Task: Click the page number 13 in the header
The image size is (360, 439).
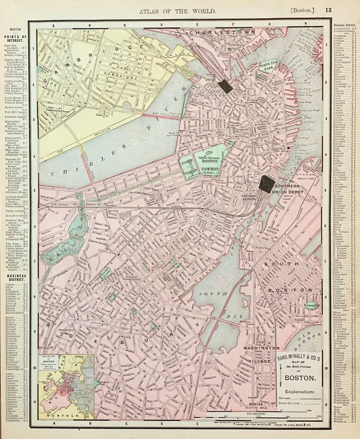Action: click(328, 10)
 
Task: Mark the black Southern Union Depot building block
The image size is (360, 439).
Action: click(267, 184)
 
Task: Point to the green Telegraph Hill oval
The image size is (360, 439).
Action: click(313, 305)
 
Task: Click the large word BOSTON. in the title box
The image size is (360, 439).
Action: click(299, 378)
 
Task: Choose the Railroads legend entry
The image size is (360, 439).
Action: click(285, 398)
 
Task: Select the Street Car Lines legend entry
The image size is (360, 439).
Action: click(289, 403)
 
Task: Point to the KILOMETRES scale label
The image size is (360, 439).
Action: click(256, 413)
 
